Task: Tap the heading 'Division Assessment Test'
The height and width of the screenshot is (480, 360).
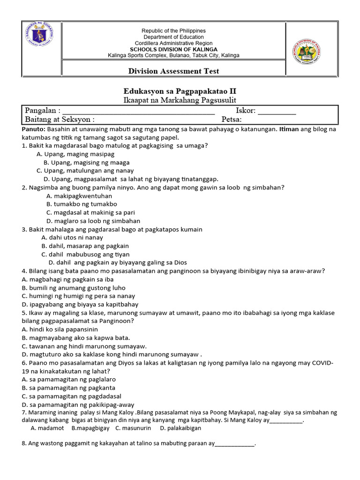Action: pos(174,71)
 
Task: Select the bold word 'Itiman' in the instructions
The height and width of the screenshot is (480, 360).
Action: pos(290,129)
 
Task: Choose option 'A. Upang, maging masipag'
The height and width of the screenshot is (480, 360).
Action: pos(75,154)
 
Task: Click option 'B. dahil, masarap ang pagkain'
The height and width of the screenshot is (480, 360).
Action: pos(85,246)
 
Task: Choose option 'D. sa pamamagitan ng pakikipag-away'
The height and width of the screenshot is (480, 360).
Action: pos(78,405)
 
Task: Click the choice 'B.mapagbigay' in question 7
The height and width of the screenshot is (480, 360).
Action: pos(90,428)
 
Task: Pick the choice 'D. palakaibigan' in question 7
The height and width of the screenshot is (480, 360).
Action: pos(180,428)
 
